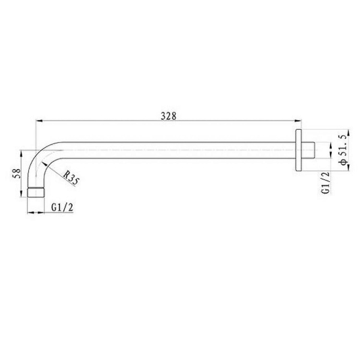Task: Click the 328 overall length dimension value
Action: point(168,116)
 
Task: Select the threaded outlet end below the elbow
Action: point(37,193)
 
